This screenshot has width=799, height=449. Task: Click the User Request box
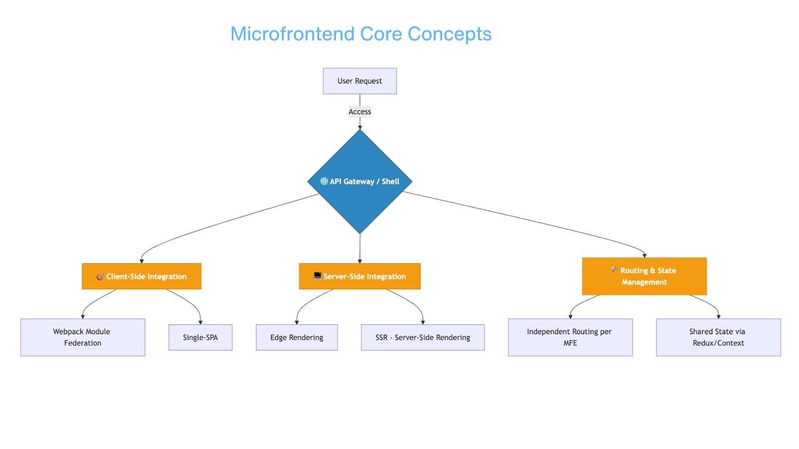(x=360, y=81)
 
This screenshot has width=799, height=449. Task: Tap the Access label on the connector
(x=360, y=112)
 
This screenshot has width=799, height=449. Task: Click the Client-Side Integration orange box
(x=141, y=276)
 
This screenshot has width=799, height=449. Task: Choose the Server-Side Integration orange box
(x=360, y=276)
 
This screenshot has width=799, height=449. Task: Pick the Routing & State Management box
(x=644, y=276)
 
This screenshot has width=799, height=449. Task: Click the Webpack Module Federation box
(x=82, y=337)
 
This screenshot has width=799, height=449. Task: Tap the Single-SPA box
(x=200, y=337)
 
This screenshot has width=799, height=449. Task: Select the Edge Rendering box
(x=297, y=337)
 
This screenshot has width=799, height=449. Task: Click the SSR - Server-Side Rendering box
(x=423, y=337)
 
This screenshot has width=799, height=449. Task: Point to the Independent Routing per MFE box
(x=570, y=337)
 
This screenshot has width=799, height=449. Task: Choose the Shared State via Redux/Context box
(x=718, y=337)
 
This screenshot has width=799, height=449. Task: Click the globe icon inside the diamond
(x=324, y=181)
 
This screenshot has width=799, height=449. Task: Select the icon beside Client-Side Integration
(x=100, y=276)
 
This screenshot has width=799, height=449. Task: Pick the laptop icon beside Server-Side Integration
(x=317, y=276)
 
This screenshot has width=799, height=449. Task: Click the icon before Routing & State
(x=614, y=270)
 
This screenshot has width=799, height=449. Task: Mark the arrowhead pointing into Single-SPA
(x=201, y=322)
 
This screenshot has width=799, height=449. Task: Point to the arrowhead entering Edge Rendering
(x=297, y=322)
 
